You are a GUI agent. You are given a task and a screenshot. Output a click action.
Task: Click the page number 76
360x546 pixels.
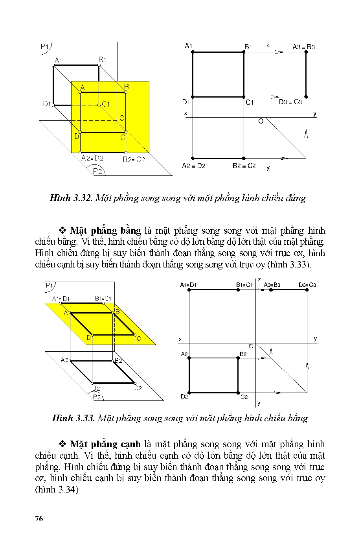(39, 518)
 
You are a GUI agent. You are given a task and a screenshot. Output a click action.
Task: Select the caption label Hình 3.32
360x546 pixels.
(71, 198)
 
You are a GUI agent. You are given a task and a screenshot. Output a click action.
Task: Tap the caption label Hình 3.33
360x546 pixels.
(73, 418)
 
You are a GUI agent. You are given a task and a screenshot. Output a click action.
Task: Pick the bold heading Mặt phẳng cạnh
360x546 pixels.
(105, 445)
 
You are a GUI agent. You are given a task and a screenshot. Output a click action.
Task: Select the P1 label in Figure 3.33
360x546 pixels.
(50, 285)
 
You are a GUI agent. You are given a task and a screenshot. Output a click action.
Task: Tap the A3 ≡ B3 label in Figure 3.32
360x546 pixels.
(303, 47)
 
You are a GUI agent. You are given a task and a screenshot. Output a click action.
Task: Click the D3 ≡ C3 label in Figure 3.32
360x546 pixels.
(290, 102)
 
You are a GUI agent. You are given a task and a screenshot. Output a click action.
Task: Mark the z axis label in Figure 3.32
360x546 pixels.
(268, 45)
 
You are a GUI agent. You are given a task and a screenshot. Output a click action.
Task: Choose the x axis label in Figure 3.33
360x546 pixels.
(180, 339)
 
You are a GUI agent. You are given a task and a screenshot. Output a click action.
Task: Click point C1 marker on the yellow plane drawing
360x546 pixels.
(99, 105)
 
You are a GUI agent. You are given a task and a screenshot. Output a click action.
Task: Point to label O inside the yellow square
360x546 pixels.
(121, 118)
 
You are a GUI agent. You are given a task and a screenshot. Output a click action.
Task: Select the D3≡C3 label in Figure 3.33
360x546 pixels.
(307, 285)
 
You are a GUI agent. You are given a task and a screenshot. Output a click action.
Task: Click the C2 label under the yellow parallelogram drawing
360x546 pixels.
(138, 388)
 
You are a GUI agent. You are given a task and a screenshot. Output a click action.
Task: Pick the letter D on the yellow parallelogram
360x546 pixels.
(89, 337)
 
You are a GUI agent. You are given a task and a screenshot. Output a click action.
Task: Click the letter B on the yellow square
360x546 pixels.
(127, 87)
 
